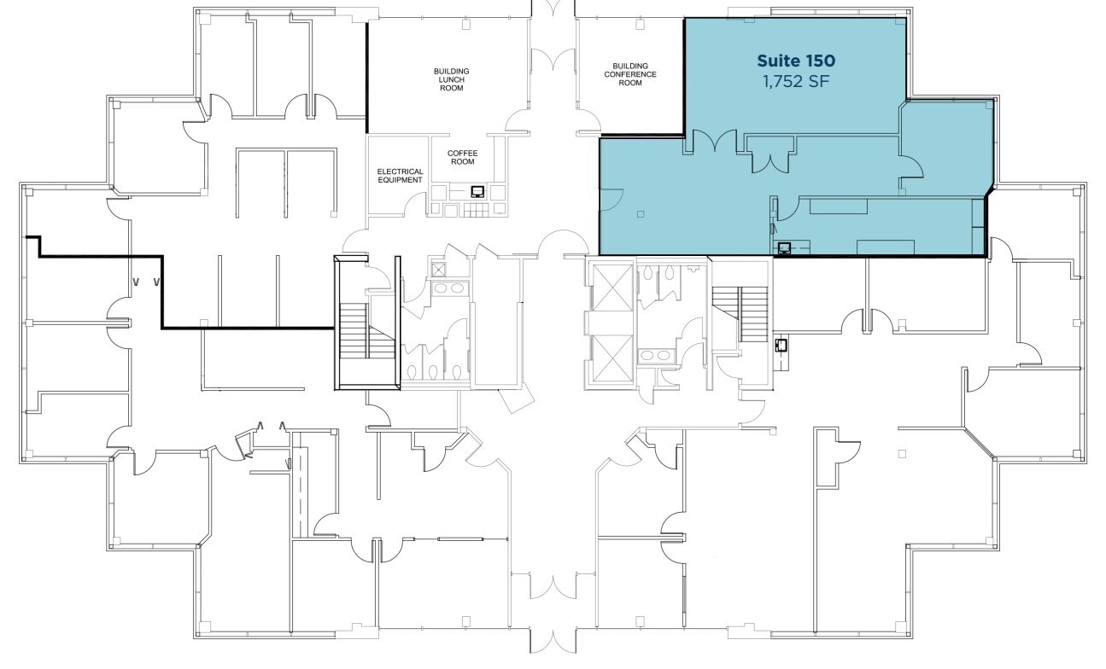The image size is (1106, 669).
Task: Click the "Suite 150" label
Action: pos(795,61)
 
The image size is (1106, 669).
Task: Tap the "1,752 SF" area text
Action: pos(795,82)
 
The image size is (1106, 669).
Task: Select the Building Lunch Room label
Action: pos(451,79)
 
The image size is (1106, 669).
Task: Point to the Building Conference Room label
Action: pos(630,74)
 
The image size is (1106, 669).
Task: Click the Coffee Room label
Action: pos(462,157)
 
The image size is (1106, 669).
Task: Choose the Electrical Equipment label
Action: pos(400,176)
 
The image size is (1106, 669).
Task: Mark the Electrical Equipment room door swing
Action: pos(415,203)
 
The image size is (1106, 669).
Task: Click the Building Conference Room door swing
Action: pos(588,120)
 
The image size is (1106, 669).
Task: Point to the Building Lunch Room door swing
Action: pos(518,120)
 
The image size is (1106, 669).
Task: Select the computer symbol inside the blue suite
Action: pos(784,247)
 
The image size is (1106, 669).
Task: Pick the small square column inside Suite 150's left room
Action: pos(641,214)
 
